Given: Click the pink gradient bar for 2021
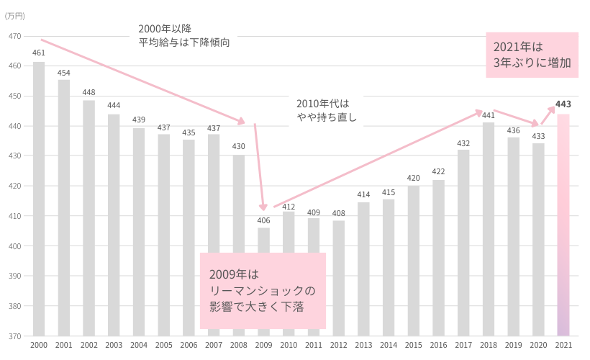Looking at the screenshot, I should [x=563, y=225].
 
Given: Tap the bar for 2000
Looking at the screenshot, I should [x=39, y=199].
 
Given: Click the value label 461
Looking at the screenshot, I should [x=39, y=53].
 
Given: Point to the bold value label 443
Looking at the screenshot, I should [x=563, y=104].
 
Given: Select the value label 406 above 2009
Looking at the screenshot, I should [x=263, y=220].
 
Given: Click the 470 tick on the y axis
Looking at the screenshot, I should [x=15, y=36].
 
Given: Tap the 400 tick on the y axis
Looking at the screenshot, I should [x=15, y=246].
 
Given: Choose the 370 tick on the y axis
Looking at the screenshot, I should [x=15, y=336].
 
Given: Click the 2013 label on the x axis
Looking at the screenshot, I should [x=363, y=346].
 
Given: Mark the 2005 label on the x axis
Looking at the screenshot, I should [x=163, y=346].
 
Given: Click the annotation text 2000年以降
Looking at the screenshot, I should [x=165, y=29].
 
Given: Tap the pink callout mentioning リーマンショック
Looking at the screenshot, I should [x=263, y=291].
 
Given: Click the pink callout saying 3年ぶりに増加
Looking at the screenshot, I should [x=532, y=55].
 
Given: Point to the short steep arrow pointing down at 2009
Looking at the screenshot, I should [x=260, y=166].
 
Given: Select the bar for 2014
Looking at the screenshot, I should [x=389, y=267].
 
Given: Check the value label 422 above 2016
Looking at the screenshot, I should [x=438, y=171].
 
